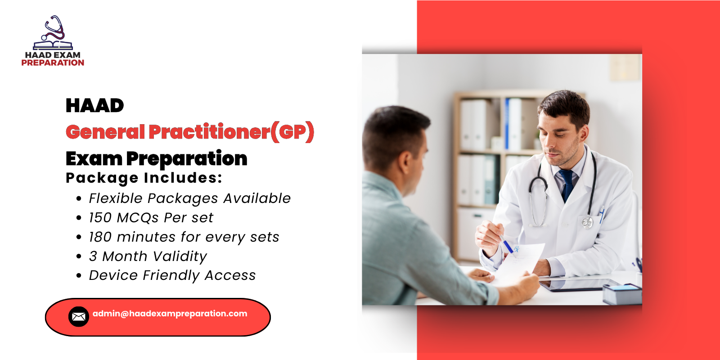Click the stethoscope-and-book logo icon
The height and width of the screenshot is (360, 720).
53,33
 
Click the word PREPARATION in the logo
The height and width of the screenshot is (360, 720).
53,63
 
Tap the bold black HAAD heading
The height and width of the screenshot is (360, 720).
94,106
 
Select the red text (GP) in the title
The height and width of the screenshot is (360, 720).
292,132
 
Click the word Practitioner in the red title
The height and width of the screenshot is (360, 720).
209,132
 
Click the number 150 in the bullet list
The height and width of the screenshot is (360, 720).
100,218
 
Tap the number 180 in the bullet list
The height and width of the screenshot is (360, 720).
100,237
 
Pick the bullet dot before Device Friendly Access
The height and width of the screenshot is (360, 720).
79,276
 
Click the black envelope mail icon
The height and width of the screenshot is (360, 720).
78,317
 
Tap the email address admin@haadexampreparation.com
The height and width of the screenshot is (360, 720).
170,314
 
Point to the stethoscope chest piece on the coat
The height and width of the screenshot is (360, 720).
587,222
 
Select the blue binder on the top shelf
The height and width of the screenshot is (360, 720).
508,124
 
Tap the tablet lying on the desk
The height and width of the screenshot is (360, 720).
580,285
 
